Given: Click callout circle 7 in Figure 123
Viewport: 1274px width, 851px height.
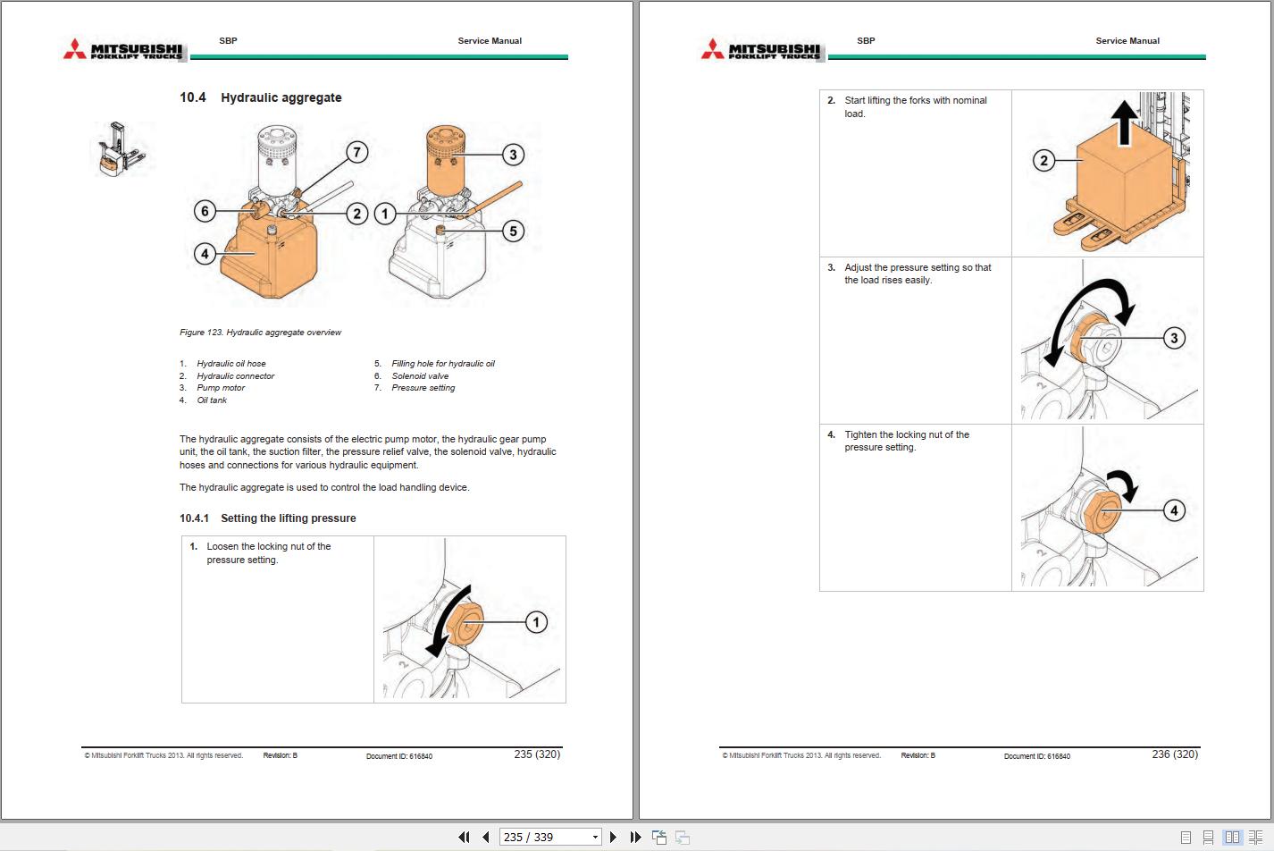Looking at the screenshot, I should click(356, 152).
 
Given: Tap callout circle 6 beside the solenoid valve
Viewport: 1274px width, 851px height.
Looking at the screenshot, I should click(205, 211).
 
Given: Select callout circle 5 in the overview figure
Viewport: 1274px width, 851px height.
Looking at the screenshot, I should click(513, 231).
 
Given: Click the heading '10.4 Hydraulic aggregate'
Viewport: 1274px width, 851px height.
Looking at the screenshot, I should click(260, 97).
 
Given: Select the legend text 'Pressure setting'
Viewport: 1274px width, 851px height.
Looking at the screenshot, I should click(423, 388).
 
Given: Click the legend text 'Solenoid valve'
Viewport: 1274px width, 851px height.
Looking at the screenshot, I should click(420, 376).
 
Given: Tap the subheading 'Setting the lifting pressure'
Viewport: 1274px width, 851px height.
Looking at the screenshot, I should click(288, 518).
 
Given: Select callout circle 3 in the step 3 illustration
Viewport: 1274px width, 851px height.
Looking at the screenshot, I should click(1174, 338).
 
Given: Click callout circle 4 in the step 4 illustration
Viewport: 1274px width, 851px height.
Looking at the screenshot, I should click(1174, 510).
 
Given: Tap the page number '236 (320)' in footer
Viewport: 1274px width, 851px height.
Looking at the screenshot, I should click(1175, 754).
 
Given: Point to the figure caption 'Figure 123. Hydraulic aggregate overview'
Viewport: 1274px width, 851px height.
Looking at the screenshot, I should click(260, 333).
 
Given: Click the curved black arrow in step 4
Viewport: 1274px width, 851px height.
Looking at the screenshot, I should click(1124, 483).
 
